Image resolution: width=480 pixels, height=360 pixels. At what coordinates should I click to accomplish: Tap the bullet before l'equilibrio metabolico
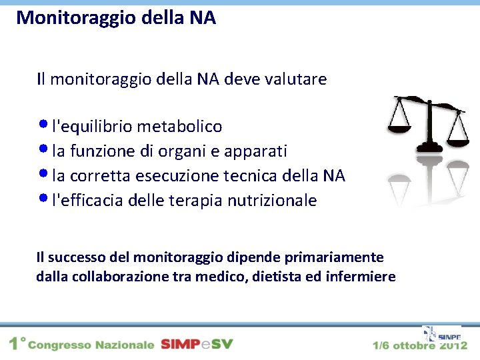click(43, 124)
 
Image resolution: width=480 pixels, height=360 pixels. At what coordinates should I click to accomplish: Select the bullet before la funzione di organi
click(43, 149)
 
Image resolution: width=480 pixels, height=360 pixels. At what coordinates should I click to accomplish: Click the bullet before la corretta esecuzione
click(43, 174)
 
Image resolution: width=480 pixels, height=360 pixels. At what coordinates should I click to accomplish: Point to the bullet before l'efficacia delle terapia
click(43, 199)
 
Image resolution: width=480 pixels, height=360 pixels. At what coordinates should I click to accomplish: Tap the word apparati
click(259, 151)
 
